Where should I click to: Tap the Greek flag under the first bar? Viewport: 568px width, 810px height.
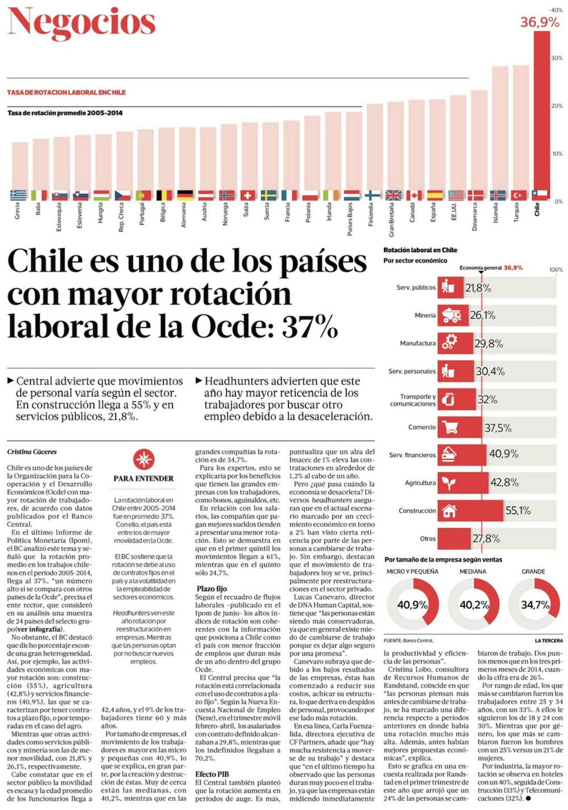click(18, 195)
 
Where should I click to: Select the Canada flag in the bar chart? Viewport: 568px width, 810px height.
click(414, 195)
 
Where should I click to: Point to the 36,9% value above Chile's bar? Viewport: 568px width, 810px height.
click(540, 22)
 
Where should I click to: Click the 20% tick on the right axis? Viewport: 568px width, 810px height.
click(557, 106)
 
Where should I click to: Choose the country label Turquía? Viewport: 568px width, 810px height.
click(516, 213)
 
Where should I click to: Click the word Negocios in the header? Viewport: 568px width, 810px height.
click(82, 23)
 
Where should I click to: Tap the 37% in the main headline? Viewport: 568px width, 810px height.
click(310, 327)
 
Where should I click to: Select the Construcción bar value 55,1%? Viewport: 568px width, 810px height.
click(518, 511)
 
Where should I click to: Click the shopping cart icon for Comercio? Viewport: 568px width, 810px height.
click(449, 427)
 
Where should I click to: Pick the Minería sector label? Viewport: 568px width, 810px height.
click(425, 315)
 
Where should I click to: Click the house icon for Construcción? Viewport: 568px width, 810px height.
click(449, 511)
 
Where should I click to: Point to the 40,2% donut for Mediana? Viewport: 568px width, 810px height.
click(474, 605)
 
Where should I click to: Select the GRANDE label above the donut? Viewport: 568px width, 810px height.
click(533, 571)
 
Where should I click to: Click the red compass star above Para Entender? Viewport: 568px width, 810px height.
click(144, 459)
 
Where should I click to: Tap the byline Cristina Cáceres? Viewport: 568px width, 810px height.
click(32, 452)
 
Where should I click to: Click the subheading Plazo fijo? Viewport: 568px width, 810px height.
click(212, 589)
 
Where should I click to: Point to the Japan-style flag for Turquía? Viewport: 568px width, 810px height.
click(519, 195)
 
